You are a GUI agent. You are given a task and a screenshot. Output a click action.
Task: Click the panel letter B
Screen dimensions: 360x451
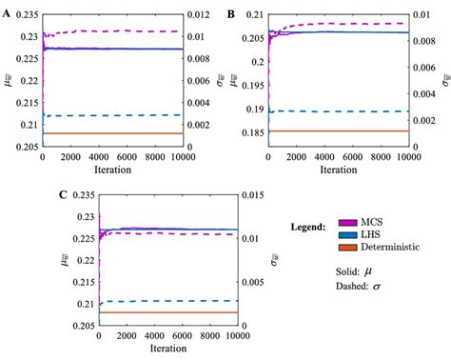tap(231, 13)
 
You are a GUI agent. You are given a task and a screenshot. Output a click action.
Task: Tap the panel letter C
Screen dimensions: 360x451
tap(118, 195)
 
